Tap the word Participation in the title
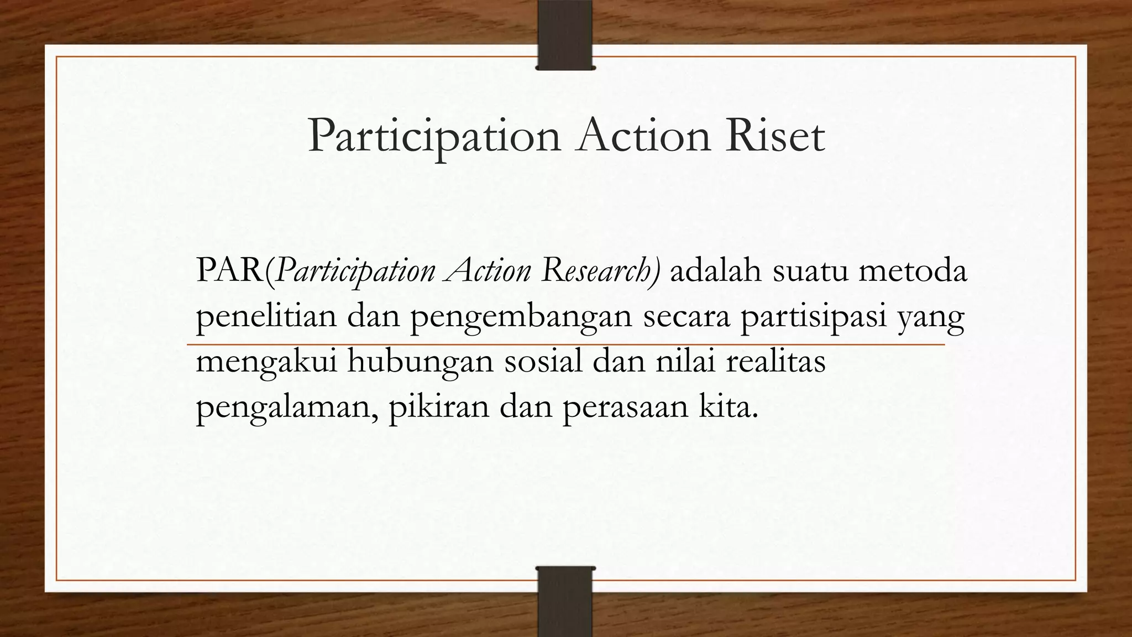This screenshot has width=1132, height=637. pos(434,136)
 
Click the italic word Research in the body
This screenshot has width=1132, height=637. pos(600,271)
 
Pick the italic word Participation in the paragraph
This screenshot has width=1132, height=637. pos(354,272)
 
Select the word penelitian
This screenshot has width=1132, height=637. pos(266,317)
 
